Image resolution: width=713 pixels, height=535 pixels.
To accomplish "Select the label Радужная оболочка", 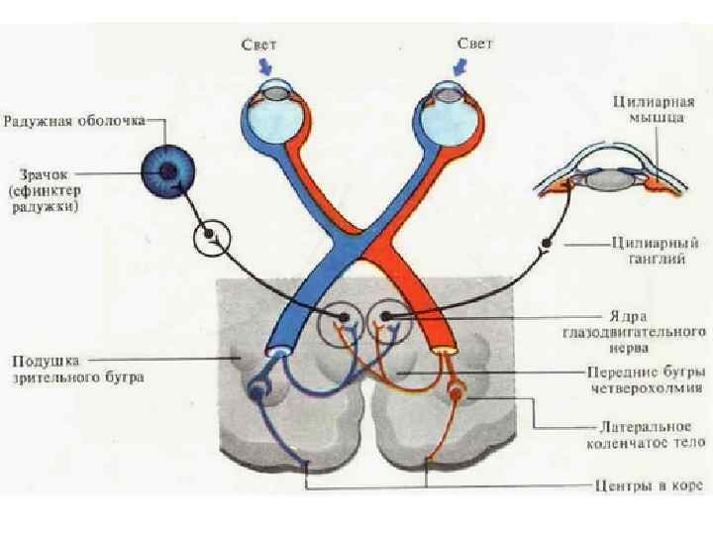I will (x=75, y=121).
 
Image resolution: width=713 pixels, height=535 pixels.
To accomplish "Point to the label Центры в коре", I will (x=650, y=486).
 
